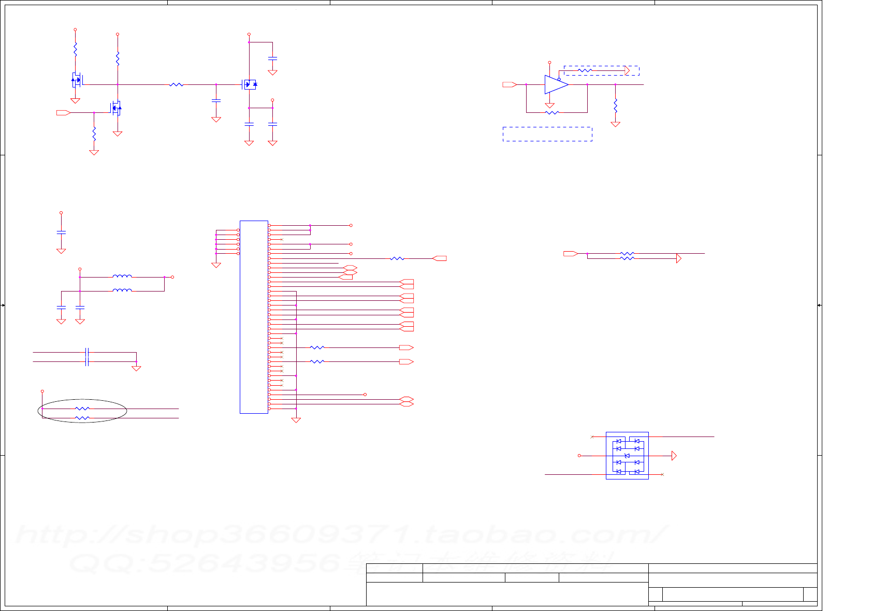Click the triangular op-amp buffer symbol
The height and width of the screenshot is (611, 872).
click(556, 84)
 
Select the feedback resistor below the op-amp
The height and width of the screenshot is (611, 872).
click(552, 112)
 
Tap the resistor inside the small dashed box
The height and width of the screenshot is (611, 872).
click(585, 70)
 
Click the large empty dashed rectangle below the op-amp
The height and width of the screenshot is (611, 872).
click(547, 134)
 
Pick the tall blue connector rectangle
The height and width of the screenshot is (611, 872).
click(254, 317)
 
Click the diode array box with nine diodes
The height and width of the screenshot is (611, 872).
click(627, 456)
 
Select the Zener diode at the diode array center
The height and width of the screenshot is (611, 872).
click(627, 456)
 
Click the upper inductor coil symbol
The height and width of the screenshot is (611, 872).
click(122, 277)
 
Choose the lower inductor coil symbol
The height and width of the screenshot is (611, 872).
click(122, 291)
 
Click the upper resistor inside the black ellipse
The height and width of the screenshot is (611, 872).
click(82, 409)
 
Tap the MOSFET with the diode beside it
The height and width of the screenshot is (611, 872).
click(250, 84)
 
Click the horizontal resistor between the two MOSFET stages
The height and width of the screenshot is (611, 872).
click(177, 84)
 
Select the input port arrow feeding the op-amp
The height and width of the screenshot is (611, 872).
click(510, 84)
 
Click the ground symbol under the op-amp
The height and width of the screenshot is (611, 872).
click(549, 106)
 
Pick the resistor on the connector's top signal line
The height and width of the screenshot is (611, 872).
click(397, 258)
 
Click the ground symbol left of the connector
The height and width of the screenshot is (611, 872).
click(216, 265)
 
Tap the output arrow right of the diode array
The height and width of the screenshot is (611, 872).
click(674, 456)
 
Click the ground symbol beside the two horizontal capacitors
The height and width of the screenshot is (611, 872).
click(136, 369)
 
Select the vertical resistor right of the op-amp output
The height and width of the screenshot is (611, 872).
click(615, 106)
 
